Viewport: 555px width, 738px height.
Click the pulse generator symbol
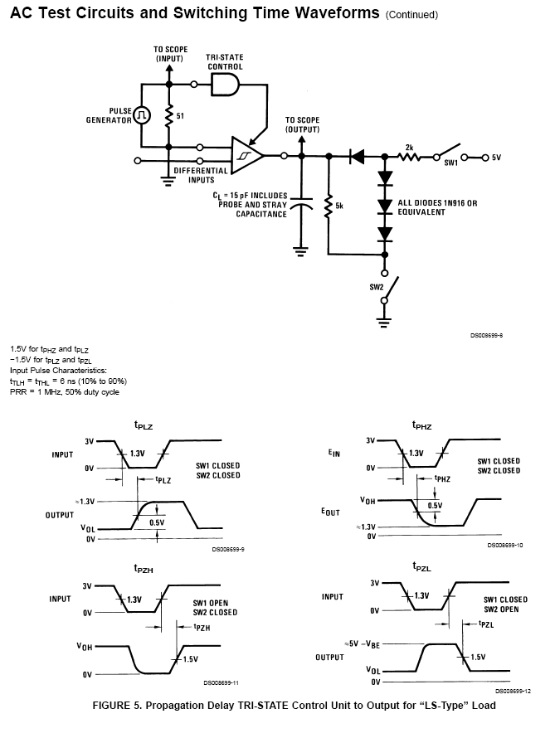pyautogui.click(x=142, y=115)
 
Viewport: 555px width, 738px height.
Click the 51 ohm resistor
pyautogui.click(x=169, y=115)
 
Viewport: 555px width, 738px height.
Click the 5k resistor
pyautogui.click(x=329, y=206)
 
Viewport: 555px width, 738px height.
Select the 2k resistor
pyautogui.click(x=410, y=156)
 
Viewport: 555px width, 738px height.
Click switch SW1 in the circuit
pyautogui.click(x=448, y=152)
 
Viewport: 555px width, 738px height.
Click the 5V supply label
pyautogui.click(x=496, y=158)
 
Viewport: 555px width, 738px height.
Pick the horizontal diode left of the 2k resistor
pyautogui.click(x=357, y=156)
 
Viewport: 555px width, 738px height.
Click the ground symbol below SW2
pyautogui.click(x=384, y=322)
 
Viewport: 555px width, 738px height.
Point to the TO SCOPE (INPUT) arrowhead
pyautogui.click(x=169, y=68)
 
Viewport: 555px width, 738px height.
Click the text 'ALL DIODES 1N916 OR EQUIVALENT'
pyautogui.click(x=437, y=207)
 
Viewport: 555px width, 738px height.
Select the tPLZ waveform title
pyautogui.click(x=144, y=425)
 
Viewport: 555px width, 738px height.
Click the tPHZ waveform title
pyautogui.click(x=421, y=425)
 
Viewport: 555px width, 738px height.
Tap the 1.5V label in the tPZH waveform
pyautogui.click(x=190, y=659)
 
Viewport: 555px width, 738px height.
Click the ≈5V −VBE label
pyautogui.click(x=362, y=643)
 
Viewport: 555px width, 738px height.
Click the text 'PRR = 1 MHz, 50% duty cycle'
pyautogui.click(x=65, y=392)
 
